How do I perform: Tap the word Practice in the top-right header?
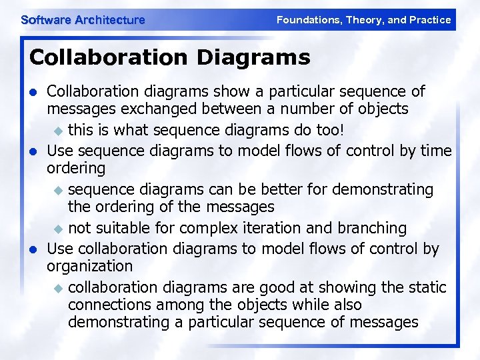[x=430, y=20]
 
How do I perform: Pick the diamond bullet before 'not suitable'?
[x=58, y=229]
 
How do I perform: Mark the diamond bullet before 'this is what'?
[x=58, y=130]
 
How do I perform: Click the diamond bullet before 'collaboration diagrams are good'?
[x=58, y=288]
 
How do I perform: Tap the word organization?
[x=89, y=267]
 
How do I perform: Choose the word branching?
[x=371, y=228]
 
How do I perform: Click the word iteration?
[x=273, y=228]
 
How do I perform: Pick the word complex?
[x=209, y=228]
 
